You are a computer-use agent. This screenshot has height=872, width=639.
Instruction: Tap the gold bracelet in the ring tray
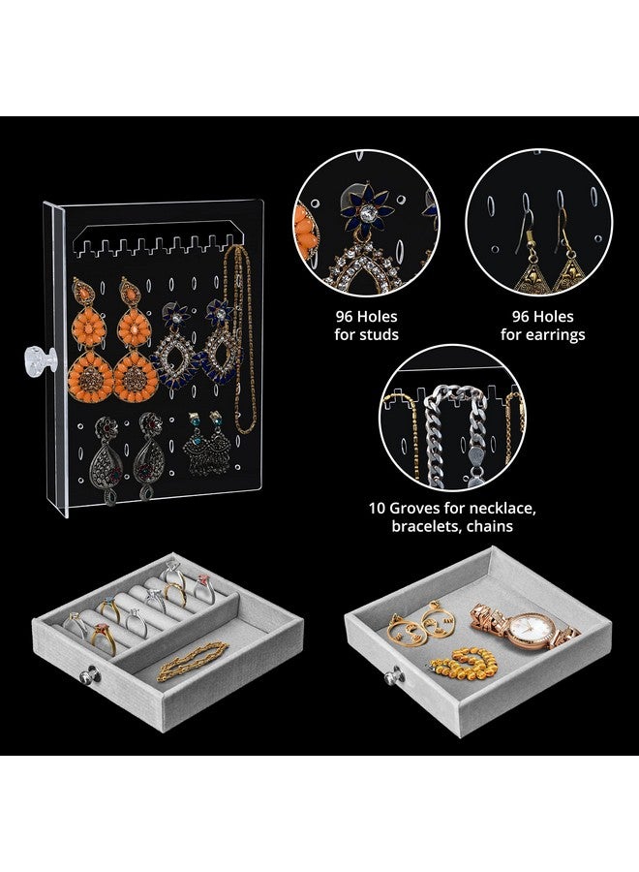(193, 660)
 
